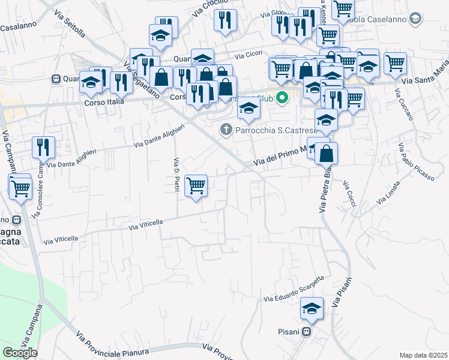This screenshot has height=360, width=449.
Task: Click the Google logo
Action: (20, 353)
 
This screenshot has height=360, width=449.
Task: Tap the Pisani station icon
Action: (306, 331)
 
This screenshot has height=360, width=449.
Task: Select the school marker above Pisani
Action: (312, 309)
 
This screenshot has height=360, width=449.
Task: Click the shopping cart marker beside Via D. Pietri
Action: (196, 186)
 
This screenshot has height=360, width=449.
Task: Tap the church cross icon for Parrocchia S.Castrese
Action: (226, 128)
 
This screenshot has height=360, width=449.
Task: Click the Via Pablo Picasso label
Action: (416, 161)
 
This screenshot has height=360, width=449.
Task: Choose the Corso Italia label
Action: (103, 102)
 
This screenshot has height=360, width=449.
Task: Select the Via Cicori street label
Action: (249, 56)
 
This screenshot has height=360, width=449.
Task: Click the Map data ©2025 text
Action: (423, 355)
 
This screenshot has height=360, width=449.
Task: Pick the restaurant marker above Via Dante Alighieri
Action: (43, 148)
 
